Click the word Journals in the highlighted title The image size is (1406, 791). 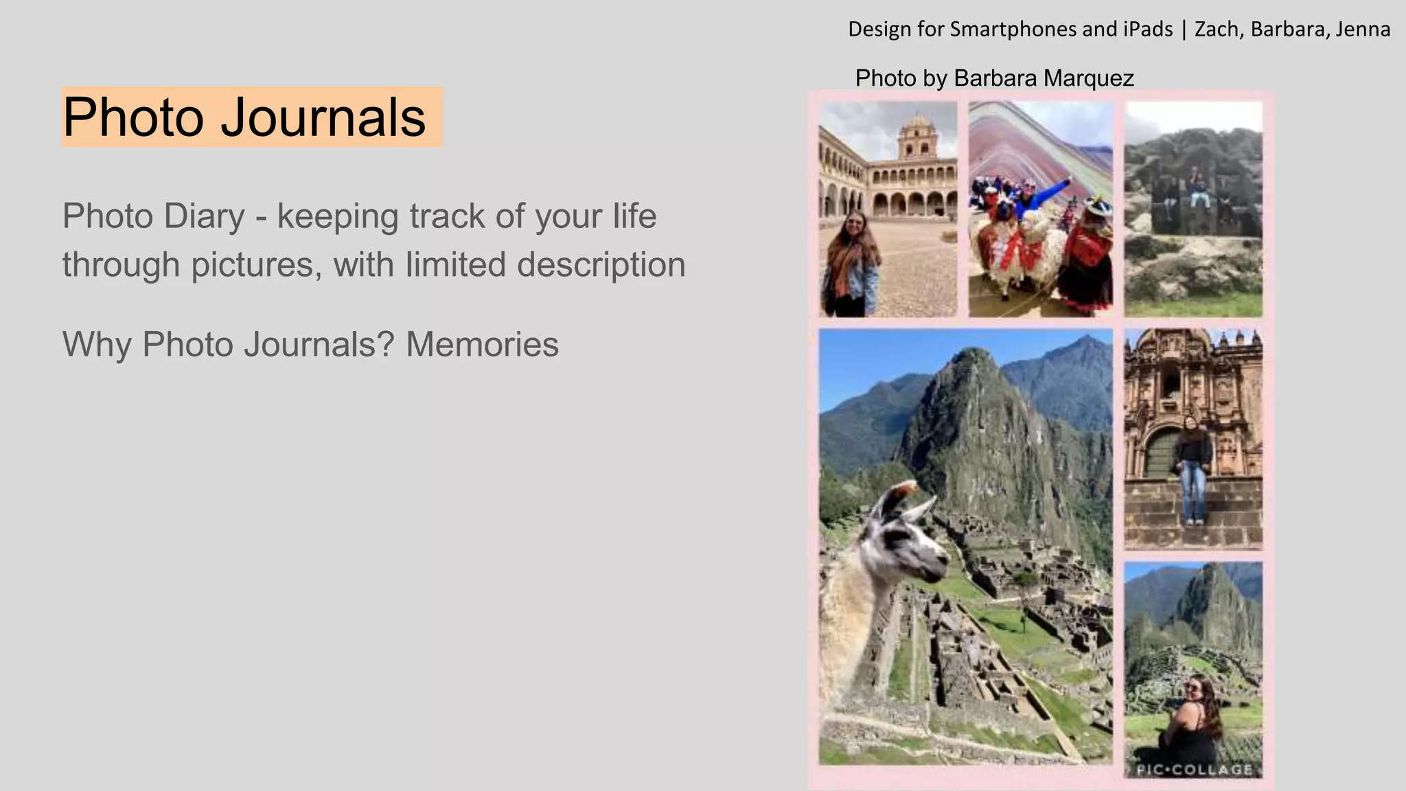point(323,117)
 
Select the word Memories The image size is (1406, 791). point(482,344)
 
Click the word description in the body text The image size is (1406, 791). point(601,264)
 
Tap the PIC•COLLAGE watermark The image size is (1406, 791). point(1195,770)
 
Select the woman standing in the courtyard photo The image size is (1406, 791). point(853,264)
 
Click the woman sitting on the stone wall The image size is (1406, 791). point(1193,467)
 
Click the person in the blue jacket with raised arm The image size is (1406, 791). point(1030,199)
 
